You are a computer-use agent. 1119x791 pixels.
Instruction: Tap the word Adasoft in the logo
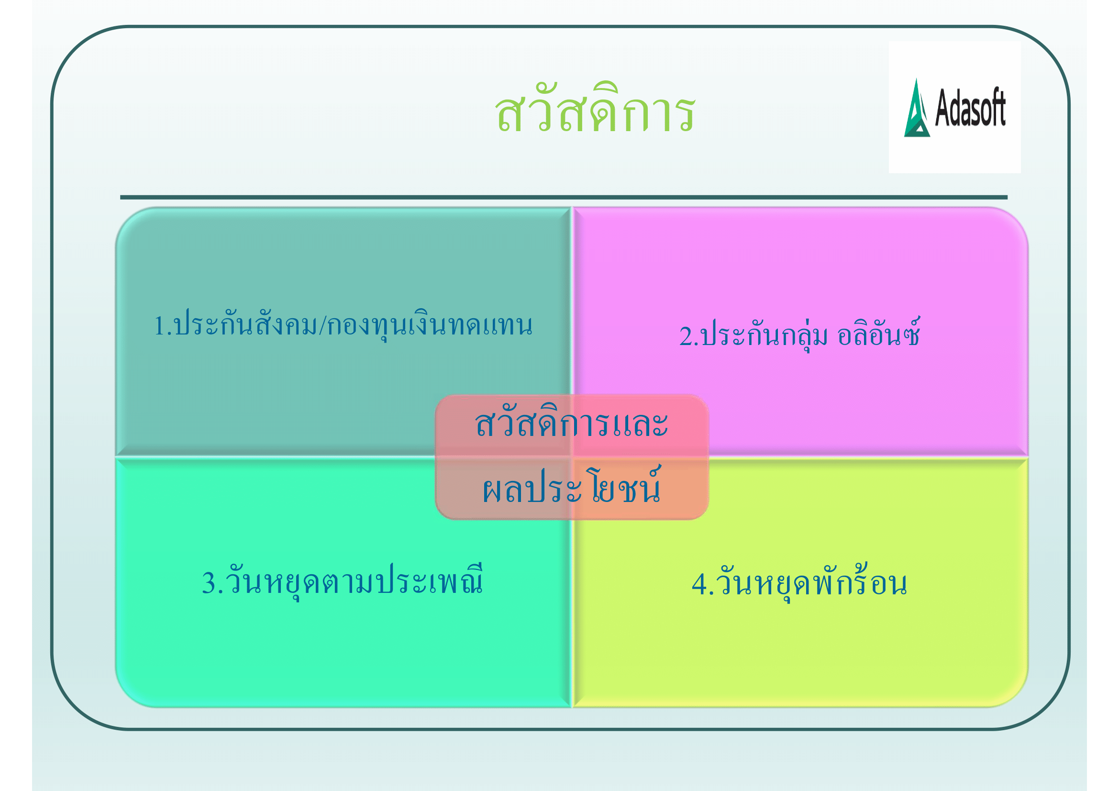(x=970, y=107)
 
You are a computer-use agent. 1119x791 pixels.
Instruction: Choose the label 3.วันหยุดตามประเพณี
(x=343, y=581)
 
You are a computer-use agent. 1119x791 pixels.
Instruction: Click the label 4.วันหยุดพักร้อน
(x=799, y=582)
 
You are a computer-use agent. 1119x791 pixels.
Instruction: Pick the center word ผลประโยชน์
(x=572, y=485)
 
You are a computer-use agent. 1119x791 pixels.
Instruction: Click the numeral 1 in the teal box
(x=159, y=325)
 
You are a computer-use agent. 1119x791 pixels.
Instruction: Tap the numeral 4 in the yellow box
(x=699, y=584)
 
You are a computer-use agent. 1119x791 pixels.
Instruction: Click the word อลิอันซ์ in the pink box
(x=879, y=333)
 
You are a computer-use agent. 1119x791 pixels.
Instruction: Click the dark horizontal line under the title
(x=564, y=197)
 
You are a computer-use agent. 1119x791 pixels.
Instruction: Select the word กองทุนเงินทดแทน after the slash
(x=430, y=324)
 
